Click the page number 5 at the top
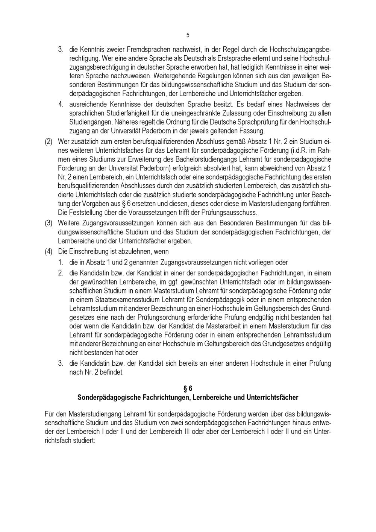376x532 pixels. tap(188, 35)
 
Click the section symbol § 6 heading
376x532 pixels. tap(188, 389)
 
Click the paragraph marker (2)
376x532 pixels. tap(49, 142)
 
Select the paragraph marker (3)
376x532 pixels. tap(49, 223)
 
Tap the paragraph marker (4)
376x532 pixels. tap(49, 252)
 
